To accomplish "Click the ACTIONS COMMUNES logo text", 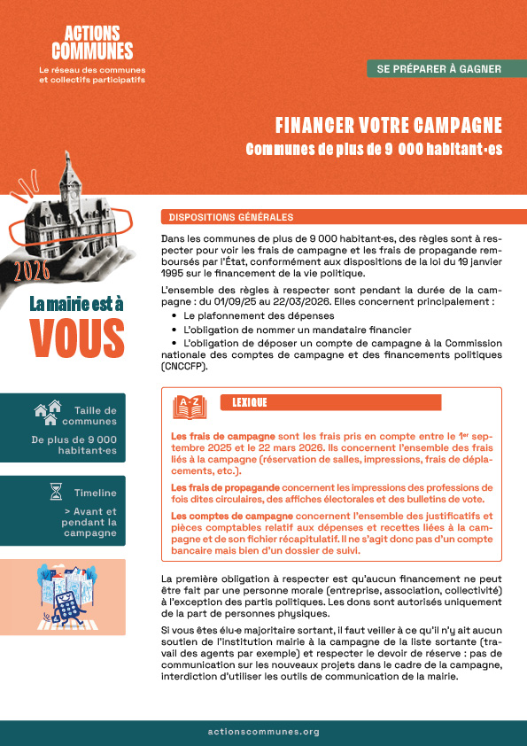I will [x=92, y=43].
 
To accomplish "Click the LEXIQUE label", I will [x=250, y=402].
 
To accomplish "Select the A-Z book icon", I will [x=190, y=406].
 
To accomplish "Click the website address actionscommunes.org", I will [x=263, y=732].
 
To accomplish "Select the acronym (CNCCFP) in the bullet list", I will [x=184, y=366].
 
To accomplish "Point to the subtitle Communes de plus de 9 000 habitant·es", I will [x=374, y=150].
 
